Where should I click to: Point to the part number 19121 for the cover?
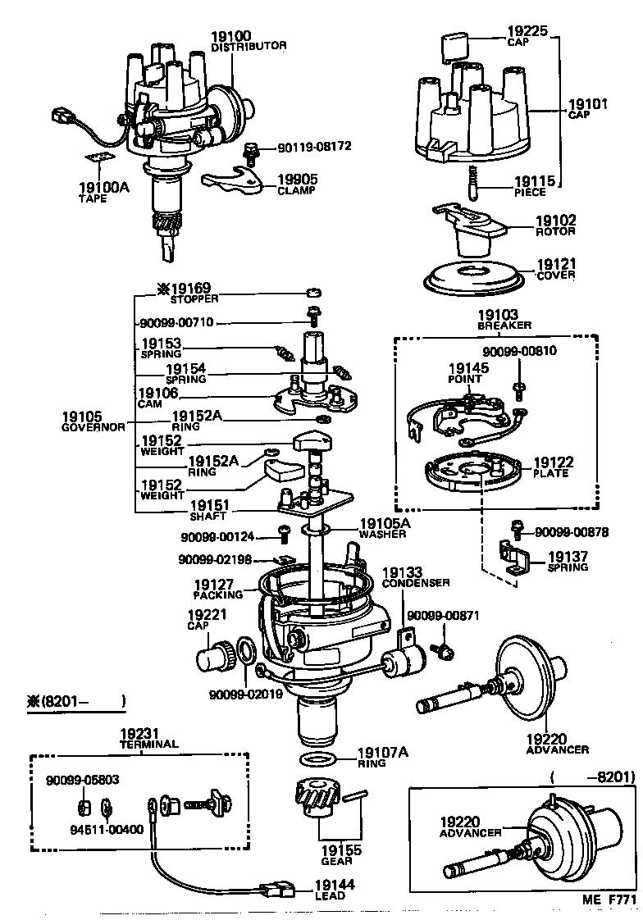556,265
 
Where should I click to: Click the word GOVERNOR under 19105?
94,427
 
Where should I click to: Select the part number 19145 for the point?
468,367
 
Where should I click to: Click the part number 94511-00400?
107,828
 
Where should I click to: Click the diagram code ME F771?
609,900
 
